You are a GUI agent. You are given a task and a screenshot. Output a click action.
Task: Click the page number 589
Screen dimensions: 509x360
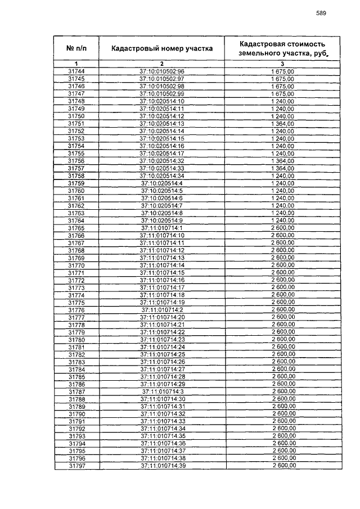(321, 12)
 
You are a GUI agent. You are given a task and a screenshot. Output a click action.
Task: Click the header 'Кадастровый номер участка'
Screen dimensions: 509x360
(162, 49)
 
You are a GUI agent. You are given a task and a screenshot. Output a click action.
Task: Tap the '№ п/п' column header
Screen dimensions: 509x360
(76, 49)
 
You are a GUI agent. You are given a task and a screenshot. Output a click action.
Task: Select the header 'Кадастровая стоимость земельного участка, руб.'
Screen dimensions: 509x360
(282, 49)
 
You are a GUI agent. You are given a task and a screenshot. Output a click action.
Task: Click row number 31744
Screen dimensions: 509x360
(76, 71)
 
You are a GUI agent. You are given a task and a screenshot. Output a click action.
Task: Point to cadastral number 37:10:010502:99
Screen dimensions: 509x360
(162, 93)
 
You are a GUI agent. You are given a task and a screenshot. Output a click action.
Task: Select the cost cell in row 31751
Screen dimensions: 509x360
(282, 123)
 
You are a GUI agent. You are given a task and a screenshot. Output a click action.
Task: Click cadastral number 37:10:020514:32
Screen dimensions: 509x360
(162, 160)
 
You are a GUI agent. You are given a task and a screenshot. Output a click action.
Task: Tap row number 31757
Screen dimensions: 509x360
(76, 168)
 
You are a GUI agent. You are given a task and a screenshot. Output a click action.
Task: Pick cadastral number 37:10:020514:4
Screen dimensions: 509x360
(162, 183)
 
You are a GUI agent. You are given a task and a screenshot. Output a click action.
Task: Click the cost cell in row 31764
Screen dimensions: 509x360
(282, 220)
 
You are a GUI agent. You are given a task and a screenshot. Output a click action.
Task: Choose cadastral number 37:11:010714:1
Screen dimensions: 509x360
(162, 228)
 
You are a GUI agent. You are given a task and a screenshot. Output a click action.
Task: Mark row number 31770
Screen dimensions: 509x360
(76, 265)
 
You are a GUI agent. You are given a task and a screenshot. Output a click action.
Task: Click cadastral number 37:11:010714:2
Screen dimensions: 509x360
(162, 310)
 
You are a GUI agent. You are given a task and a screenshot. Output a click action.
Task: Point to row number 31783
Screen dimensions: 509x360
(76, 362)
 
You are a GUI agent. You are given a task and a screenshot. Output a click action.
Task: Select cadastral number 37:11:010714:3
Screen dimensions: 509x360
(162, 391)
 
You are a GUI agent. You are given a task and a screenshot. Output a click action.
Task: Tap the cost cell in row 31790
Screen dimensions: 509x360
(282, 414)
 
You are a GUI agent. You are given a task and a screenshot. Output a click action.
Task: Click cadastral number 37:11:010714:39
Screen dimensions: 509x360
(162, 466)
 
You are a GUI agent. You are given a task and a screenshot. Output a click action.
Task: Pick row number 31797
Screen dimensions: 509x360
(76, 466)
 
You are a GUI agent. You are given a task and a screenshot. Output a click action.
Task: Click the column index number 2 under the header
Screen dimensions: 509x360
(162, 64)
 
